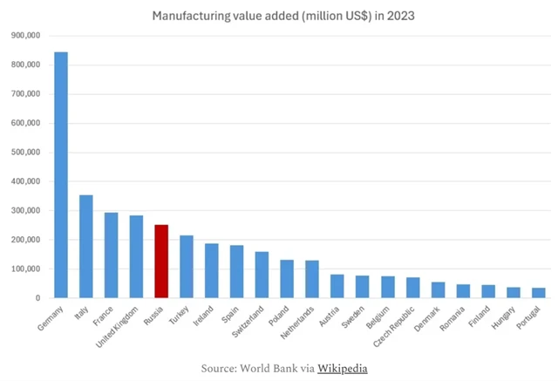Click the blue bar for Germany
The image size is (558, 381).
tap(61, 174)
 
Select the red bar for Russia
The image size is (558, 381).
tap(161, 262)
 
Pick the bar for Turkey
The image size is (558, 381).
tap(187, 267)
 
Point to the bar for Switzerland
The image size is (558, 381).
tap(262, 275)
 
